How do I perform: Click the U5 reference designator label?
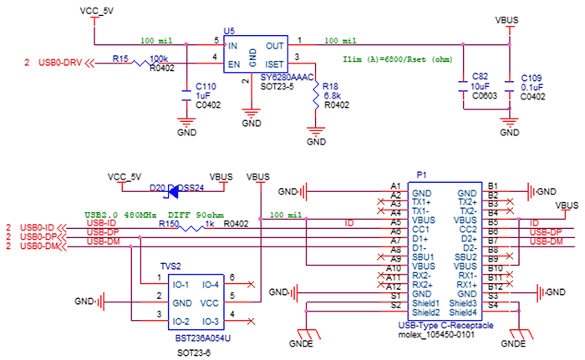click(229, 30)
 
